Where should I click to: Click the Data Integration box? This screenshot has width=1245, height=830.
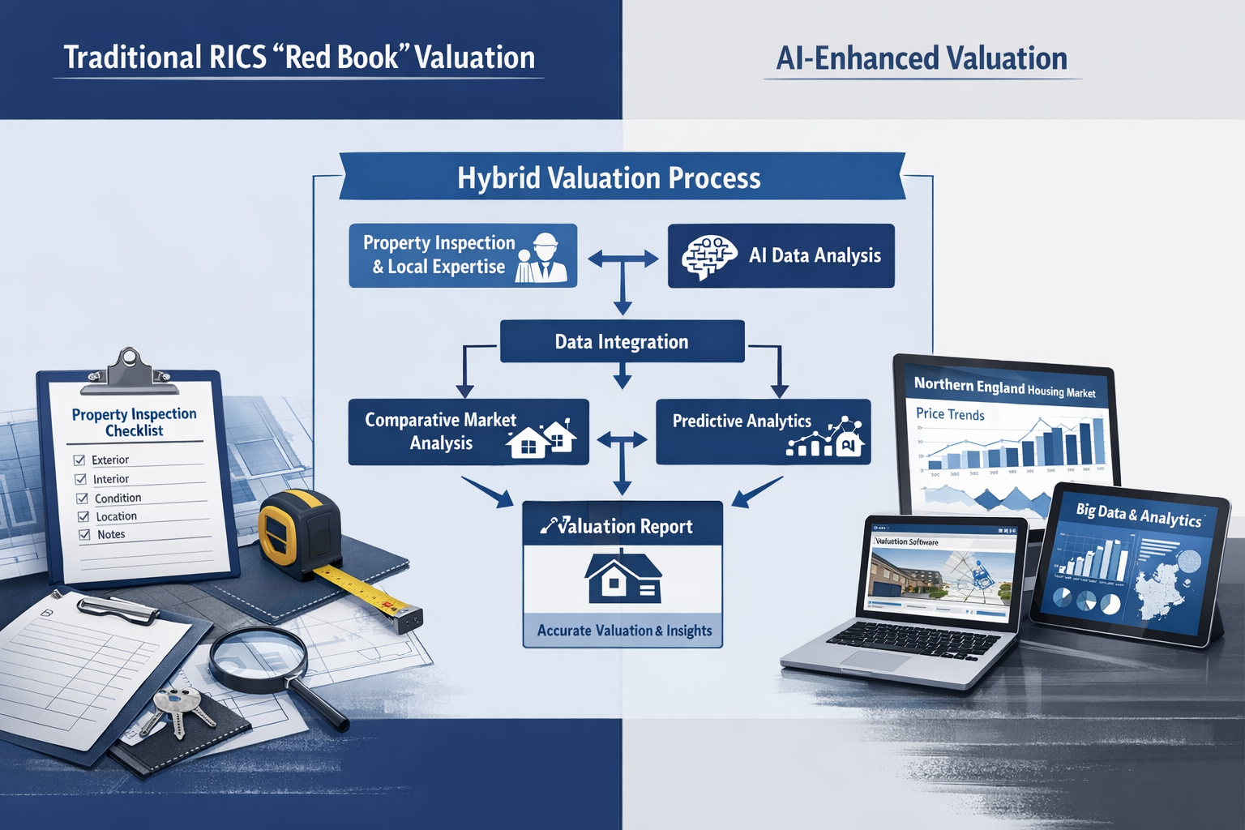(x=622, y=341)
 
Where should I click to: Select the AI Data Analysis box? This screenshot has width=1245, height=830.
(x=781, y=256)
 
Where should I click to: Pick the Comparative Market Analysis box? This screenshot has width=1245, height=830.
(x=468, y=432)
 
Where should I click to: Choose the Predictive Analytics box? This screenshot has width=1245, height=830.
(x=763, y=432)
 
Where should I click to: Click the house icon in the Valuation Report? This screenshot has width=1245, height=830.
(x=622, y=579)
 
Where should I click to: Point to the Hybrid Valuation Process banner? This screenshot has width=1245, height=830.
(x=610, y=178)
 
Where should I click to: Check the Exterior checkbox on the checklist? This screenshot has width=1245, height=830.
(x=79, y=460)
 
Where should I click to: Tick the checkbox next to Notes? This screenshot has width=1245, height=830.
(x=84, y=535)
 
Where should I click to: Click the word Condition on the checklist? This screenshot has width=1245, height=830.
(x=118, y=498)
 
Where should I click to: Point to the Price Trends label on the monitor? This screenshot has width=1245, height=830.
(x=950, y=414)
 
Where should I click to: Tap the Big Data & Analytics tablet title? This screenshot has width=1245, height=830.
(x=1138, y=515)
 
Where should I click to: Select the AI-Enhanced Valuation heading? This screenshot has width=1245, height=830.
(x=922, y=58)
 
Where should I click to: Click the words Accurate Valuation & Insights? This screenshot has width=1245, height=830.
(x=624, y=631)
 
